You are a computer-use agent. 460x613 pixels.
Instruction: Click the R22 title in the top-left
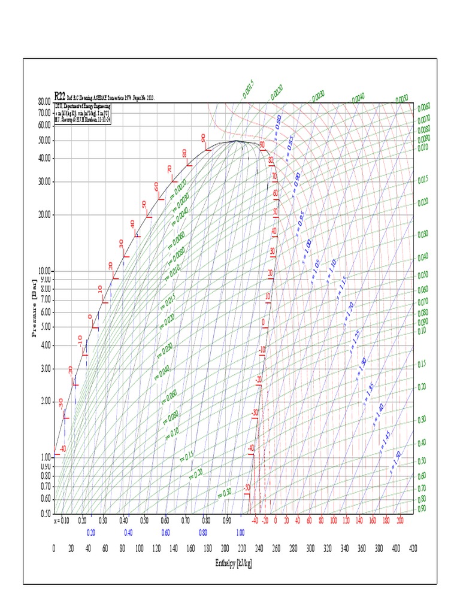[60, 95]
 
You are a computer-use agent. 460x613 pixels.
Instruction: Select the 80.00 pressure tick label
[44, 102]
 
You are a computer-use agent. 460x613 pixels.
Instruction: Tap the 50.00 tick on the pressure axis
[44, 141]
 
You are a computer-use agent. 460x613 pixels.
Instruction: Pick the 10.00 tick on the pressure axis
[44, 271]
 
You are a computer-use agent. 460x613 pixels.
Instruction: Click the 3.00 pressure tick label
[46, 369]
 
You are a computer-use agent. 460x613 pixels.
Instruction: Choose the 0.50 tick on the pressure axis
[46, 514]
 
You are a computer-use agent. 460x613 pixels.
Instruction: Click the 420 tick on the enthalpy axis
[413, 548]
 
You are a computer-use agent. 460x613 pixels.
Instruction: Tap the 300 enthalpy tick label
[310, 548]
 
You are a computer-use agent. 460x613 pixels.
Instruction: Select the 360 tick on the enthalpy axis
[362, 548]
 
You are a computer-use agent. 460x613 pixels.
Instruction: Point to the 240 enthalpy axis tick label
[259, 548]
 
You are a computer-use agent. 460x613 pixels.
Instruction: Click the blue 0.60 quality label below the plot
[165, 532]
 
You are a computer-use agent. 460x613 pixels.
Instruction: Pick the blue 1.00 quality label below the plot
[240, 532]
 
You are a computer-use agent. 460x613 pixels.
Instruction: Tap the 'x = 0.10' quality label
[62, 521]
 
